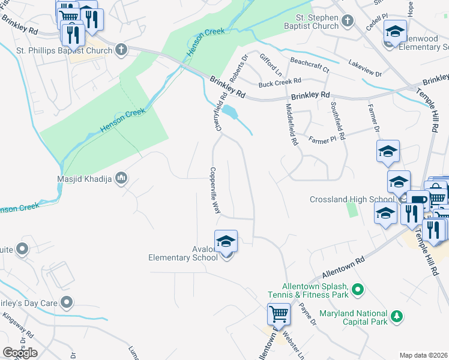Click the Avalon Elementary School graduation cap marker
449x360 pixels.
(226, 242)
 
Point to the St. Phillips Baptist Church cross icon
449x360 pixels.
(121, 50)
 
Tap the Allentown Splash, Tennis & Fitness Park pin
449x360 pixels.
(358, 290)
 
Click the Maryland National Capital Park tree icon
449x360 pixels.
(396, 316)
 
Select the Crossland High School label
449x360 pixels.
(352, 199)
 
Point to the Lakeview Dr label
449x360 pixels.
(366, 68)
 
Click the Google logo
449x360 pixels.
(20, 353)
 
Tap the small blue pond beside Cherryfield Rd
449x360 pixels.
(229, 112)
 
